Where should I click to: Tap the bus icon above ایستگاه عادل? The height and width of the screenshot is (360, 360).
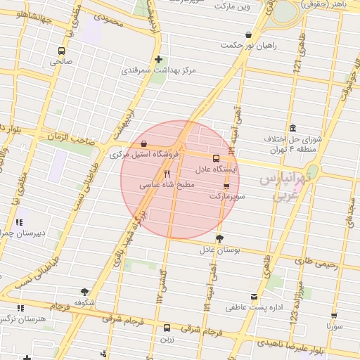(x=216, y=158)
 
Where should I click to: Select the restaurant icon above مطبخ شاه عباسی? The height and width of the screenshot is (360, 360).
(x=167, y=174)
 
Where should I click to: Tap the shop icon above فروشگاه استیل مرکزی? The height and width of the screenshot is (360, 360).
(x=143, y=145)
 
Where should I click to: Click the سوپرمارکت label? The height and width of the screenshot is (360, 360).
(x=226, y=197)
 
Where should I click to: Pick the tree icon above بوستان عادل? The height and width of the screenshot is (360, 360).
(x=219, y=238)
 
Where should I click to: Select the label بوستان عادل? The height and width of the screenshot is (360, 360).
(x=220, y=249)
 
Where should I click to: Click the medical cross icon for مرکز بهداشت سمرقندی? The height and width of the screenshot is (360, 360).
(x=158, y=60)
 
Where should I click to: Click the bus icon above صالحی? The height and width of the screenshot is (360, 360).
(x=62, y=51)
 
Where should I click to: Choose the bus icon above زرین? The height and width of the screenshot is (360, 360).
(x=167, y=328)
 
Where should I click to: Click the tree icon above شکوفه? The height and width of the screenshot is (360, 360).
(x=85, y=291)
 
